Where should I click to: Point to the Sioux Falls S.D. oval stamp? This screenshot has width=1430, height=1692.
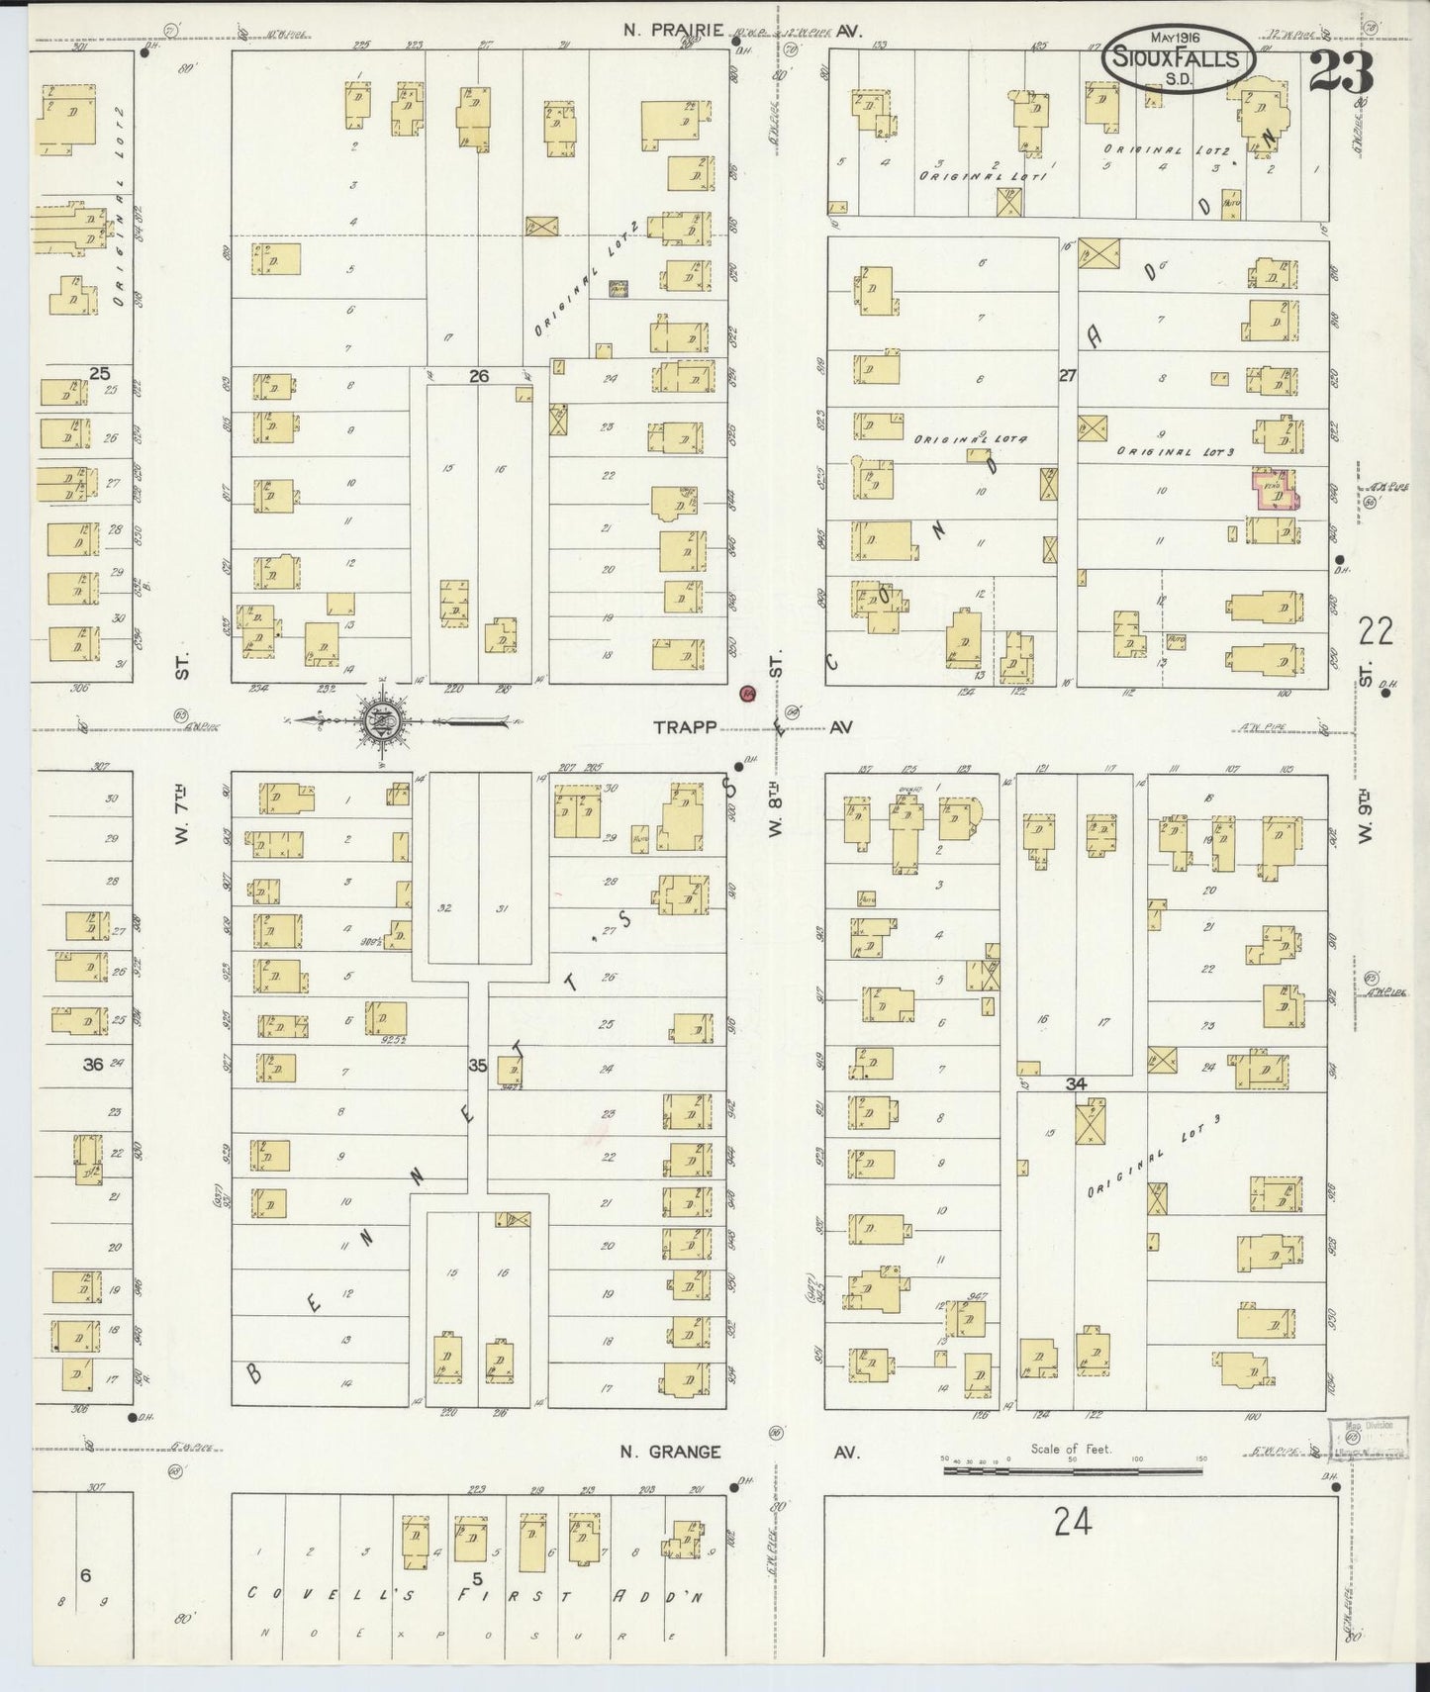tap(1178, 59)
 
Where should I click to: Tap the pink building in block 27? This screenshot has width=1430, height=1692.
tap(1276, 490)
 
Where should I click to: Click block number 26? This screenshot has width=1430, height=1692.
tap(479, 375)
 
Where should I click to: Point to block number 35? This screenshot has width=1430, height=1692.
tap(478, 1066)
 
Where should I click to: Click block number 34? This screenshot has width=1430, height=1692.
tap(1076, 1083)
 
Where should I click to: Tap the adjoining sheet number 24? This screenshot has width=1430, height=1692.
tap(1072, 1521)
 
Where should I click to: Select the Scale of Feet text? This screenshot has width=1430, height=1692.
tap(1071, 1449)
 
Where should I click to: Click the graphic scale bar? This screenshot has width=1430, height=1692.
tap(1074, 1470)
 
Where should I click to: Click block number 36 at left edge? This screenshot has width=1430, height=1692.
tap(93, 1065)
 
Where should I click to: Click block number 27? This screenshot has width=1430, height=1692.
tap(1067, 375)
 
